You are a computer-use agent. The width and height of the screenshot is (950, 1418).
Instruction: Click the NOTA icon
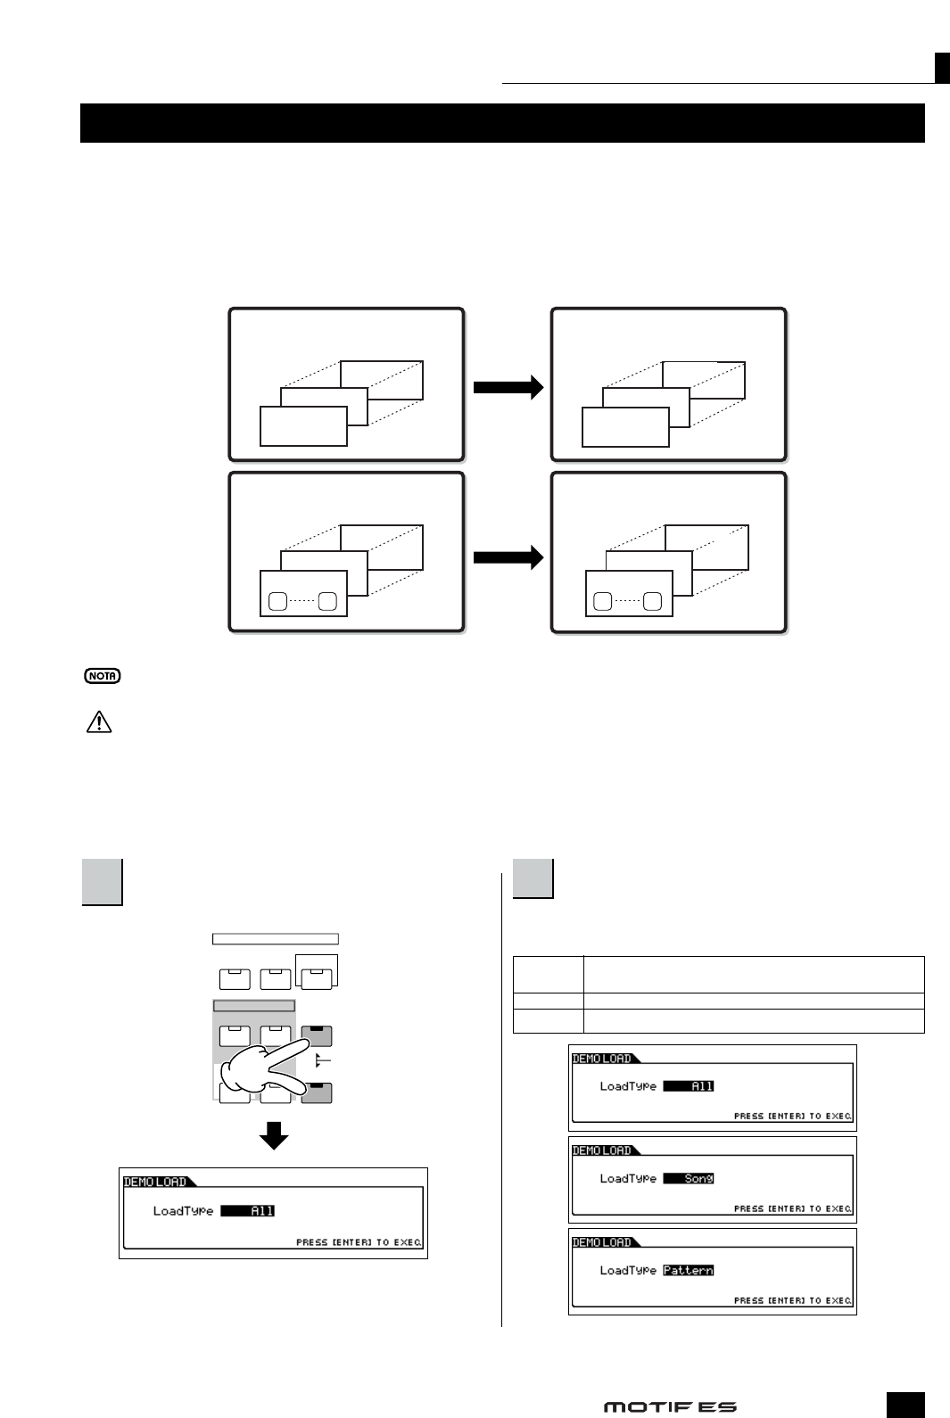click(x=103, y=676)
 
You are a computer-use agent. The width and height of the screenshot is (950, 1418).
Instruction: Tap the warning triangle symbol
click(x=98, y=722)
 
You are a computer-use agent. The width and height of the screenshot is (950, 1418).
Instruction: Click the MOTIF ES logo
click(x=670, y=1406)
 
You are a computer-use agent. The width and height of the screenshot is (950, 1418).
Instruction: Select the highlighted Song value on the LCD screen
click(x=689, y=1178)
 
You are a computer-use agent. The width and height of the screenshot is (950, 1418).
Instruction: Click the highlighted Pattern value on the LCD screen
click(x=689, y=1270)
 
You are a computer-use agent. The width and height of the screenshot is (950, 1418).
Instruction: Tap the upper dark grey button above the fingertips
click(x=317, y=1035)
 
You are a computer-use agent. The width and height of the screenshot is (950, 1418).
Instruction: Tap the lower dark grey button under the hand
click(x=317, y=1092)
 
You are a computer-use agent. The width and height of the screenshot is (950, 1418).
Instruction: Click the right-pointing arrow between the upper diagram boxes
click(x=508, y=386)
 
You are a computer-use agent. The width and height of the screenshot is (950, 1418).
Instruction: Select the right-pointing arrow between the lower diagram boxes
click(x=508, y=558)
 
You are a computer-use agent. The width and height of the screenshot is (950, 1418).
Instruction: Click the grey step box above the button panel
click(x=102, y=881)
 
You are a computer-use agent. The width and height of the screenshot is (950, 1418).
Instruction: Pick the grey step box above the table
click(x=533, y=878)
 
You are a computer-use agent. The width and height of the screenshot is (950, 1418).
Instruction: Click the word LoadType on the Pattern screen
click(x=628, y=1270)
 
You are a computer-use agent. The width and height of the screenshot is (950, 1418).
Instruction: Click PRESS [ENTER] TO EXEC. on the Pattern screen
click(x=792, y=1300)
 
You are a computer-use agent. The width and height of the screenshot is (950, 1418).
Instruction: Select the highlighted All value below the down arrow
click(x=248, y=1210)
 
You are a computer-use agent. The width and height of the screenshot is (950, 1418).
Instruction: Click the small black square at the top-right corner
click(x=942, y=67)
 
